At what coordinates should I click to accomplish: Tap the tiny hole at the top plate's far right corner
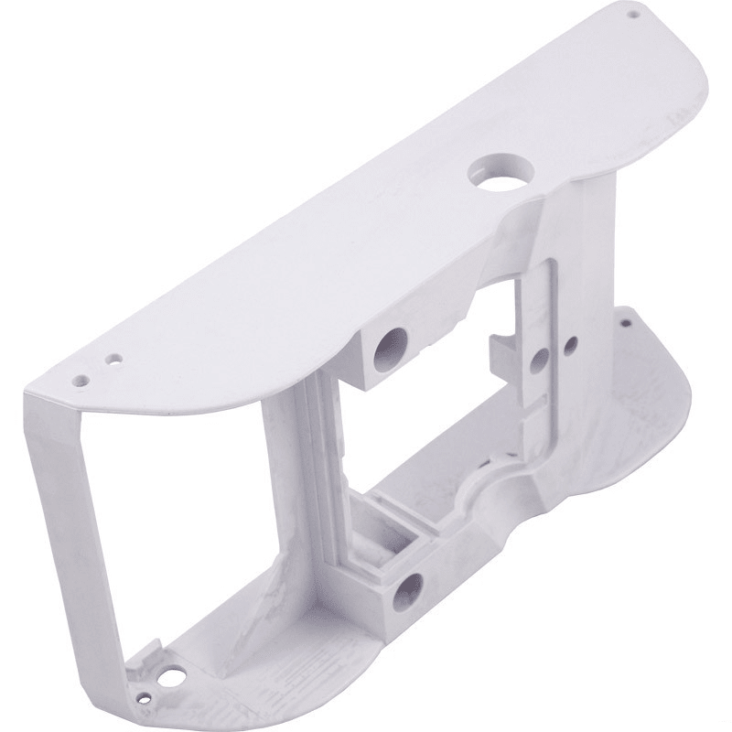click(630, 15)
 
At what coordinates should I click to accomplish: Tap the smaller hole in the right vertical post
click(570, 345)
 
